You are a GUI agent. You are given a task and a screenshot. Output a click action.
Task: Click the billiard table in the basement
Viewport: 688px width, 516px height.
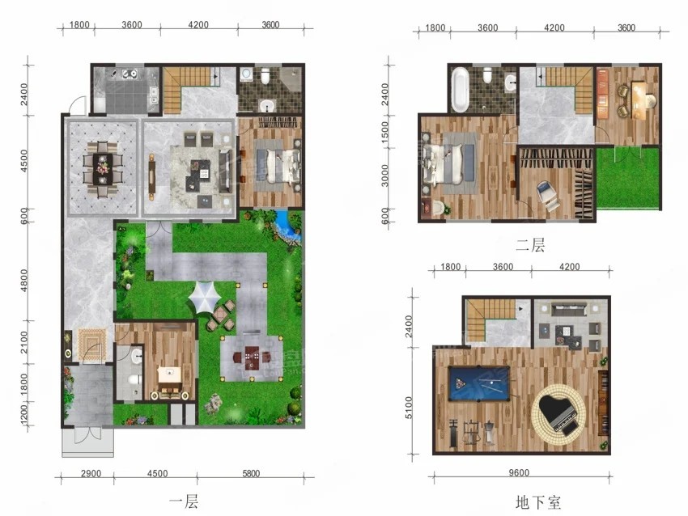coord(479,384)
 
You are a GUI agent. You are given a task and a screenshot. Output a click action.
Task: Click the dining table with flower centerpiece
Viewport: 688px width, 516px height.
coord(103,169)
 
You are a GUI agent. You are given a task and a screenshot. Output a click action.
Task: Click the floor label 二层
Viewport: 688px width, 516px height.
coord(530,245)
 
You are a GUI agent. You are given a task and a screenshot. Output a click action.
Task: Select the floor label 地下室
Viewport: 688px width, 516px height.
coord(538,502)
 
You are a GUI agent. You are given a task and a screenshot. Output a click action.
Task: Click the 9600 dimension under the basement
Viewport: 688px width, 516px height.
coord(519,472)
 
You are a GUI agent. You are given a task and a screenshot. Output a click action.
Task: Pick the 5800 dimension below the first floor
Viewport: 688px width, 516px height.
coord(251,473)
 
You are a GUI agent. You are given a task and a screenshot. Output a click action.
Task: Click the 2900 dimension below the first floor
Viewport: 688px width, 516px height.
coord(91,473)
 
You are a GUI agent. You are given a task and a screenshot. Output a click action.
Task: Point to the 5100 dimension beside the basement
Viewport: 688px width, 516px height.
coord(409,408)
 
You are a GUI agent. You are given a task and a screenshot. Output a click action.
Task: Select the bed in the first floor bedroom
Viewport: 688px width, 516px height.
coord(278,167)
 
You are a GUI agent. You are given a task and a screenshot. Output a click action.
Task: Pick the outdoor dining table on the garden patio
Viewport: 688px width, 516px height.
coord(252,358)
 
